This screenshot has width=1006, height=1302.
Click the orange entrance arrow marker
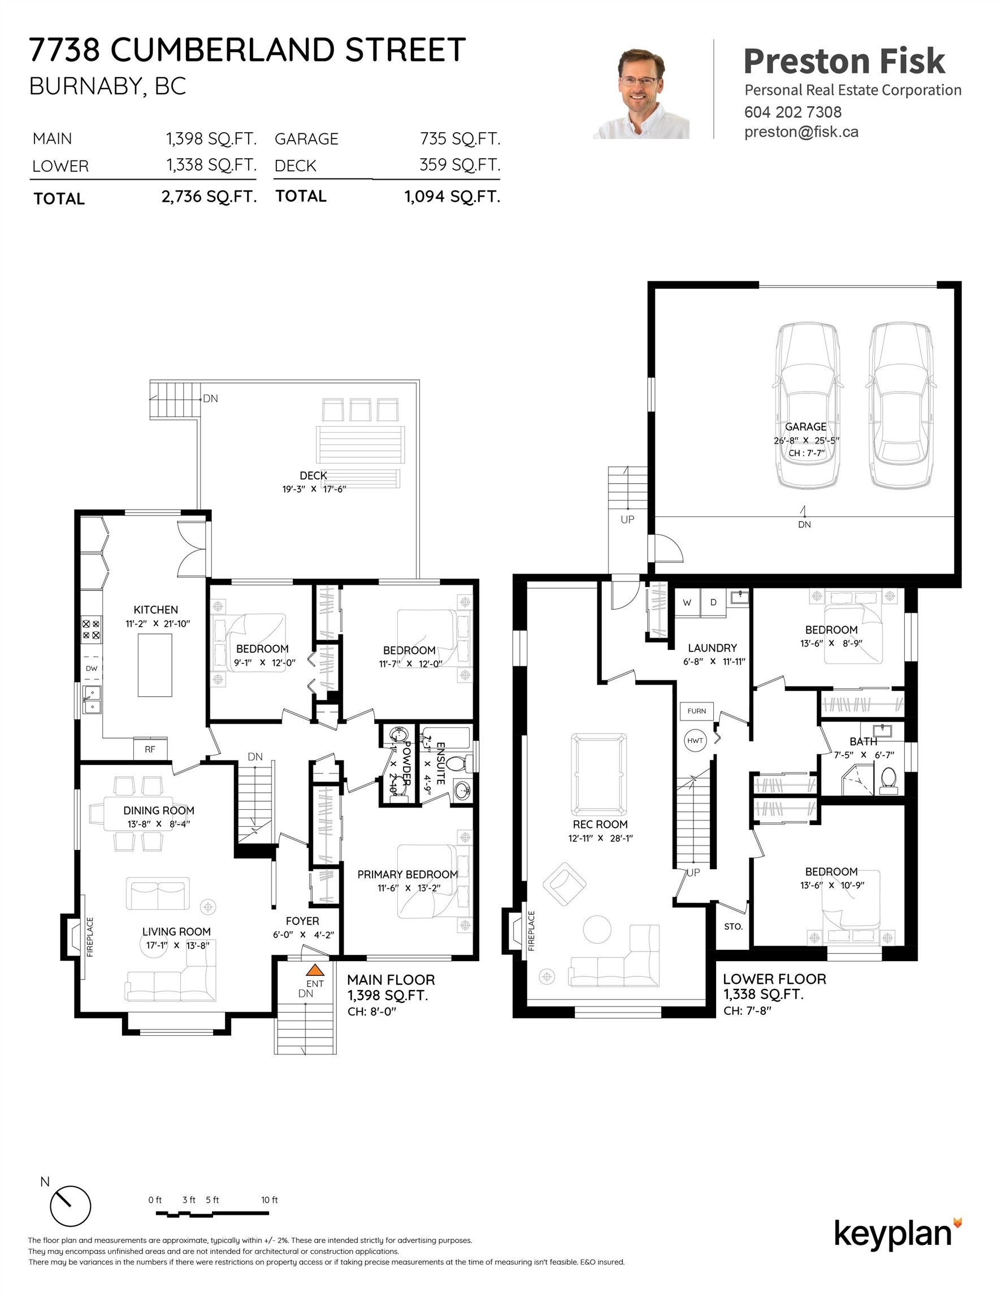[315, 970]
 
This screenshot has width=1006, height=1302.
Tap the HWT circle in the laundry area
[695, 740]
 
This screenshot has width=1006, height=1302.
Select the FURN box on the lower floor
[696, 710]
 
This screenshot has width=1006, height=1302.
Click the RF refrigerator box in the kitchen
[150, 749]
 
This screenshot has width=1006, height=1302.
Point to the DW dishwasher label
[91, 669]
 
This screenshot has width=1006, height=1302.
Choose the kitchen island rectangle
[155, 665]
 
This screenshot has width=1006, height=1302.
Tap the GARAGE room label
[805, 427]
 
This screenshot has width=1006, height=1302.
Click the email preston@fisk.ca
[801, 132]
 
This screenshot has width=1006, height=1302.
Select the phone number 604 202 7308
[792, 111]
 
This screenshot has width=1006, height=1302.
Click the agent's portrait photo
[641, 94]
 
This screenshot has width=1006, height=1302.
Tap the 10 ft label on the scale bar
[270, 1200]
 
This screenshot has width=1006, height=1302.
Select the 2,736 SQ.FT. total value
[209, 197]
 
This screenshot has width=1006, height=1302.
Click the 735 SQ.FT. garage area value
[460, 139]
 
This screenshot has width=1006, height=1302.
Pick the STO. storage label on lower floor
[733, 926]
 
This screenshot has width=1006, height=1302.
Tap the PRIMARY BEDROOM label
[407, 874]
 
